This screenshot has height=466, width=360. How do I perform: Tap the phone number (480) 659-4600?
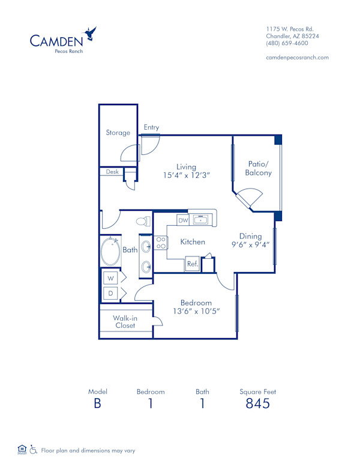point(287,43)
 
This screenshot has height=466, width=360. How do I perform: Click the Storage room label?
point(118,133)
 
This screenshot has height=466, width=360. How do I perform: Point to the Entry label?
point(152,127)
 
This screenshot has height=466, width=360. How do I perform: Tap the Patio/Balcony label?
point(258,168)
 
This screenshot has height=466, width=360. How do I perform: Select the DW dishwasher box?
point(182,220)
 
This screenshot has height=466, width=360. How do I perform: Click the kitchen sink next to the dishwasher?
point(202,220)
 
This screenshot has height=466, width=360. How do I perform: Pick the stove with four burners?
point(161,243)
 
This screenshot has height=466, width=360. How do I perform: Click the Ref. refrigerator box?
point(192,264)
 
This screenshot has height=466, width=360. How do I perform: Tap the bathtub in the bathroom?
point(110,252)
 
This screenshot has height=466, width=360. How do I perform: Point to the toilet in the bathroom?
point(143,222)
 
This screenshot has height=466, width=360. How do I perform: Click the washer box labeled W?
point(110,278)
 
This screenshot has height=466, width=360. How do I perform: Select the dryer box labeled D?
point(110,294)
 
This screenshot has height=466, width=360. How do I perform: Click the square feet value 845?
point(257,404)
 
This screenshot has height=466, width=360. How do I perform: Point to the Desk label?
point(112,172)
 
